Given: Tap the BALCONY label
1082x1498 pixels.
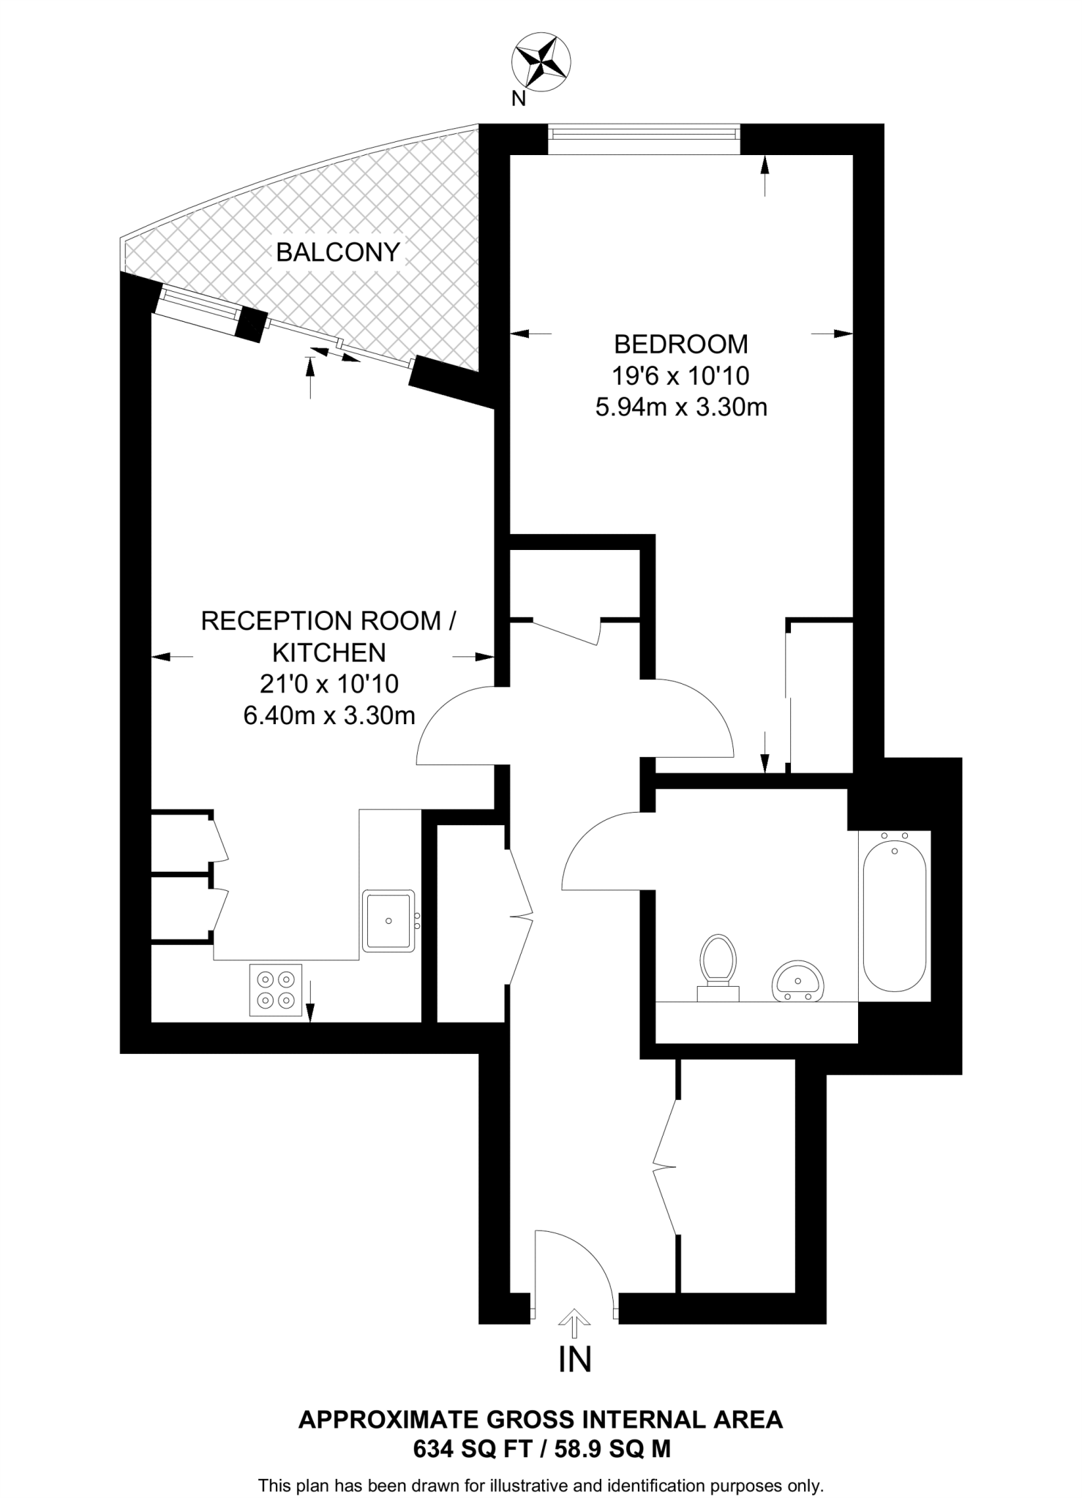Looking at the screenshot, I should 338,252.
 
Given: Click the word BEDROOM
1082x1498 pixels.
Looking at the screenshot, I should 680,344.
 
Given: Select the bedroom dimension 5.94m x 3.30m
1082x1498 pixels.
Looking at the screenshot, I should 680,407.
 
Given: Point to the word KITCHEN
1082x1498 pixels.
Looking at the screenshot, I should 329,652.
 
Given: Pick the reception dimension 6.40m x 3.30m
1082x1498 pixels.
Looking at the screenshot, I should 329,715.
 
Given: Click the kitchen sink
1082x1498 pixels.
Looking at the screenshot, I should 388,920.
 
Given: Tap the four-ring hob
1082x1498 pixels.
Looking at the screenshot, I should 276,990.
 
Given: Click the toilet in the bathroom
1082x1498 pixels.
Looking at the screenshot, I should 718,964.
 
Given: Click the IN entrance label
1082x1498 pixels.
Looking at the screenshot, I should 574,1359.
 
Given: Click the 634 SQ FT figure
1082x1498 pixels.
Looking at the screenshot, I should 472,1449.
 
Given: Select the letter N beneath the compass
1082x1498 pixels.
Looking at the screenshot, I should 518,99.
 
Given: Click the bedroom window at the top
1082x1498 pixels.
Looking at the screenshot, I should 644,135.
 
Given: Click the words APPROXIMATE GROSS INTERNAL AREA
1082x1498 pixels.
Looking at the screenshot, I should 541,1420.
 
